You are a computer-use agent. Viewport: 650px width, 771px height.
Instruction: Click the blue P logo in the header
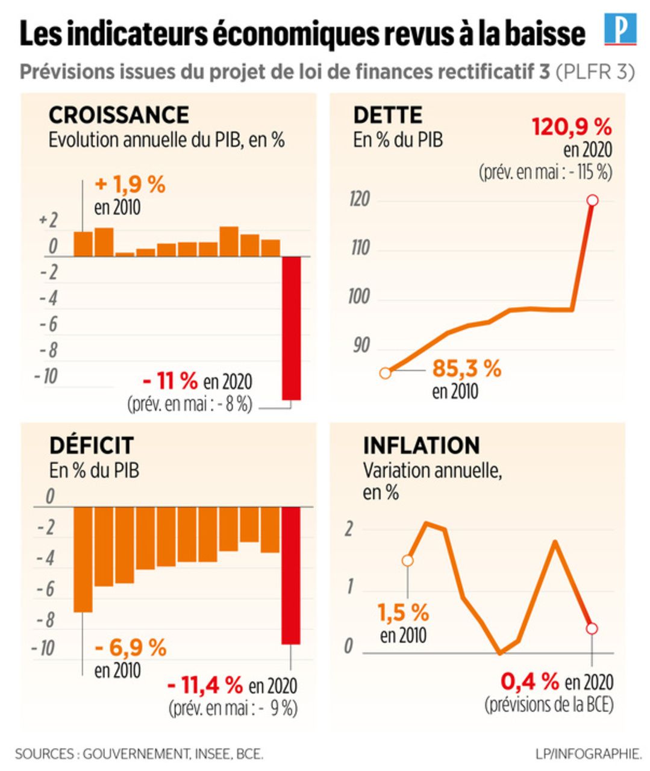click(x=620, y=31)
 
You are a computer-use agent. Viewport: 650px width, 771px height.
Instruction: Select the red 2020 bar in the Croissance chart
click(x=292, y=328)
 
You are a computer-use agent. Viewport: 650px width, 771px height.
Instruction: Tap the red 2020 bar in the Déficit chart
click(x=291, y=575)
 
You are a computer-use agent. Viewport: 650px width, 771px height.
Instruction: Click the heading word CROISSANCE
click(x=119, y=115)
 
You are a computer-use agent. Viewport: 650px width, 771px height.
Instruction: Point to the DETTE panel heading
click(x=388, y=115)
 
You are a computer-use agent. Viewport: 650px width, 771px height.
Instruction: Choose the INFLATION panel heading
click(x=421, y=445)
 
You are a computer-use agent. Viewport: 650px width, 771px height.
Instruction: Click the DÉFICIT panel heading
click(x=91, y=445)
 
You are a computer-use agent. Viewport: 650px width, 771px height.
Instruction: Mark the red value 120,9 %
click(x=572, y=127)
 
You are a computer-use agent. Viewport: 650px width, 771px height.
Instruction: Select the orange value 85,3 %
click(x=467, y=368)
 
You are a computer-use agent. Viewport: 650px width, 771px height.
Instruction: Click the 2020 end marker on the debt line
click(x=592, y=200)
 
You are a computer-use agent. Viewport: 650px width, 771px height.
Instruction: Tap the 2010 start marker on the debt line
click(x=386, y=373)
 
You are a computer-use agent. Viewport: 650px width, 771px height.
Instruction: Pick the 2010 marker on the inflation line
click(x=408, y=561)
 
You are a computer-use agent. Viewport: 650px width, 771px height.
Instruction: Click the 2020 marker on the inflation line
click(x=592, y=628)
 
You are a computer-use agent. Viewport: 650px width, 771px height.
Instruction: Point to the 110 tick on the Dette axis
click(x=360, y=248)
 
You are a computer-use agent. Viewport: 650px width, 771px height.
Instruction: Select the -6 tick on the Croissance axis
click(x=48, y=324)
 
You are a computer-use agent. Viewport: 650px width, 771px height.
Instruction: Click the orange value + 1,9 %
click(x=130, y=184)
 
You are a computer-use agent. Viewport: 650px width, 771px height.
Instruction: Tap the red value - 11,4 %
click(x=205, y=684)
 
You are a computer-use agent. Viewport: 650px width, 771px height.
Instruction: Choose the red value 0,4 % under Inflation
click(x=530, y=681)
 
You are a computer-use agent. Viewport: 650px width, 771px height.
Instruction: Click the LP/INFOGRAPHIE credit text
click(x=588, y=753)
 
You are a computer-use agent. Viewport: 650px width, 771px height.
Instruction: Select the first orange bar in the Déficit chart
click(x=83, y=559)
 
